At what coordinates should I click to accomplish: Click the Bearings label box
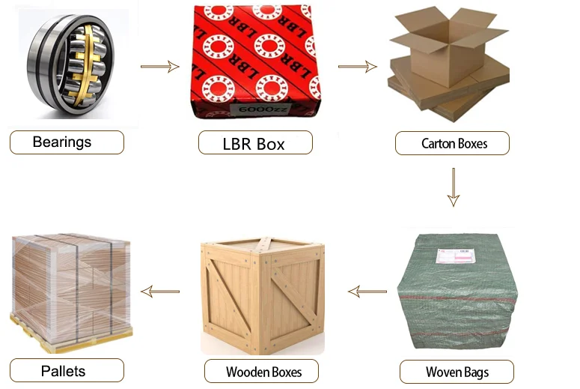click(67, 142)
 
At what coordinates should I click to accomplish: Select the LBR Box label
click(254, 143)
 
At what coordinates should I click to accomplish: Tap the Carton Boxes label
click(454, 143)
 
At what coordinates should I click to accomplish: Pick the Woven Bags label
click(456, 372)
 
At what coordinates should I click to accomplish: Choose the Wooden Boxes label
click(263, 371)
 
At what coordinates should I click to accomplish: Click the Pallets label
click(67, 370)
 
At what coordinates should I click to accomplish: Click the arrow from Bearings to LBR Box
click(160, 67)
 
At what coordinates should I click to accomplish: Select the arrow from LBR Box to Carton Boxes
click(357, 67)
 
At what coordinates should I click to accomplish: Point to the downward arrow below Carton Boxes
click(453, 187)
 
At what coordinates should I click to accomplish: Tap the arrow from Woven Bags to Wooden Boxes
click(367, 291)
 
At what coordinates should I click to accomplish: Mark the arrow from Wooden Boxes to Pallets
click(160, 291)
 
